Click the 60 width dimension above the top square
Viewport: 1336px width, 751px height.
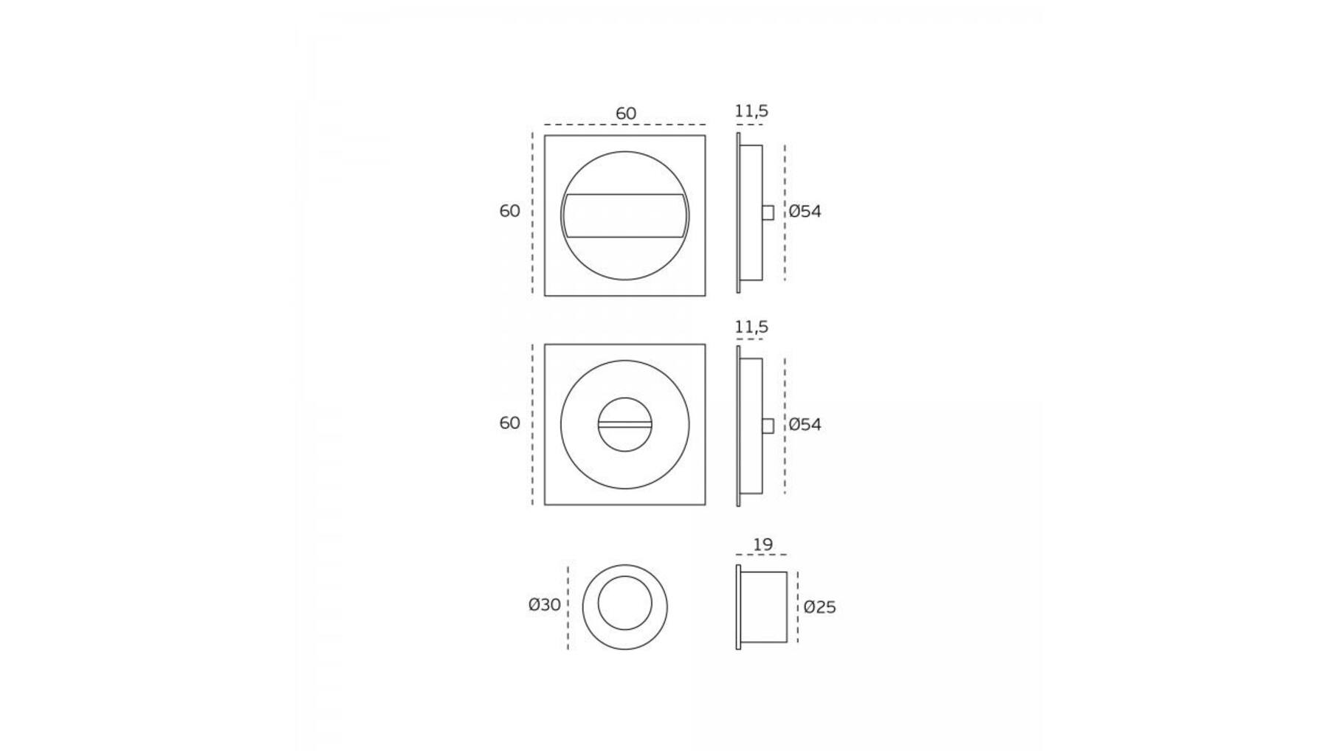click(625, 114)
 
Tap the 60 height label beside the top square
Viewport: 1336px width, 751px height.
click(509, 211)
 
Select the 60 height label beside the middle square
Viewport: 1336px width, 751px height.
click(509, 423)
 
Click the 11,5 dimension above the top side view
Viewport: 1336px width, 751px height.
click(751, 111)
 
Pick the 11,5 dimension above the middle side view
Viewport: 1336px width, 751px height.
click(751, 327)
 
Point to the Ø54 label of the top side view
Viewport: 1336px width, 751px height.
click(805, 211)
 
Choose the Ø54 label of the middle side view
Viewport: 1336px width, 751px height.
click(805, 424)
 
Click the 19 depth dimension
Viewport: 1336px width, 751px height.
click(762, 544)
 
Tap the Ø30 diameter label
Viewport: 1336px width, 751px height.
click(545, 605)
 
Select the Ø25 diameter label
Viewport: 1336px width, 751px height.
click(819, 607)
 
